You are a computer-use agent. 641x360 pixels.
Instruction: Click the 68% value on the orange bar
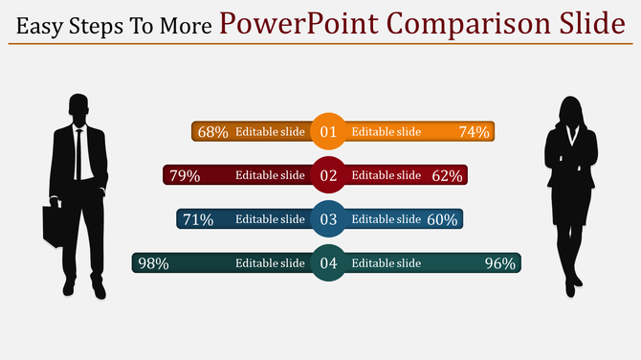coord(212,132)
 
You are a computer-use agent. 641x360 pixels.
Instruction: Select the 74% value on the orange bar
coord(474,132)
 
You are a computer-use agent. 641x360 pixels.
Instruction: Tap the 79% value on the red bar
coord(185,175)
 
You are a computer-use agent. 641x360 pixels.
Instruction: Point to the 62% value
coord(447,175)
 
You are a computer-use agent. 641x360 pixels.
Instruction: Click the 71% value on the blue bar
coord(198,219)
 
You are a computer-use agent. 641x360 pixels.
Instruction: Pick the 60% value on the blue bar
coord(442,219)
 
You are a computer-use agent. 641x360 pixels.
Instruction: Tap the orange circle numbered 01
coord(328,132)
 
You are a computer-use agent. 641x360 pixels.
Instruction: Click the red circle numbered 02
coord(328,175)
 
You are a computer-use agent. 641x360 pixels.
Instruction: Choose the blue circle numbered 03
coord(328,219)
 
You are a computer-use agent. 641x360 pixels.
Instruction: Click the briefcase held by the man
coord(55,225)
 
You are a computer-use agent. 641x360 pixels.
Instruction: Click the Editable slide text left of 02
coord(270,175)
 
